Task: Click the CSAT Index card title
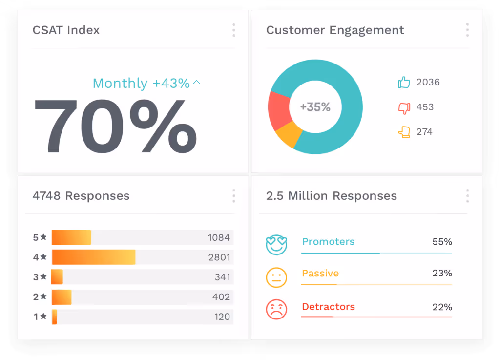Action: (x=66, y=30)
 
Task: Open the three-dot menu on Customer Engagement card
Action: (x=467, y=30)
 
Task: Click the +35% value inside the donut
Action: (x=315, y=107)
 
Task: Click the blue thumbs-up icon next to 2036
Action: (x=404, y=83)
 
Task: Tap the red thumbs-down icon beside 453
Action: (x=404, y=107)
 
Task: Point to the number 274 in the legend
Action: (x=424, y=132)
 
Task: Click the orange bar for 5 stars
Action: (x=72, y=237)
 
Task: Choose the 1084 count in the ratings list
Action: (x=218, y=238)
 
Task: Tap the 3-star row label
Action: (x=40, y=277)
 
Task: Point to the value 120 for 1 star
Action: (x=222, y=317)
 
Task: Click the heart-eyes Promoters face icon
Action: (x=276, y=244)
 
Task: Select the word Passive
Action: (x=320, y=274)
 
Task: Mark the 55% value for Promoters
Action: (x=442, y=242)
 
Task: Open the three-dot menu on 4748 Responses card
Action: (x=233, y=196)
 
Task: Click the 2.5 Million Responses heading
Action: (x=332, y=196)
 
